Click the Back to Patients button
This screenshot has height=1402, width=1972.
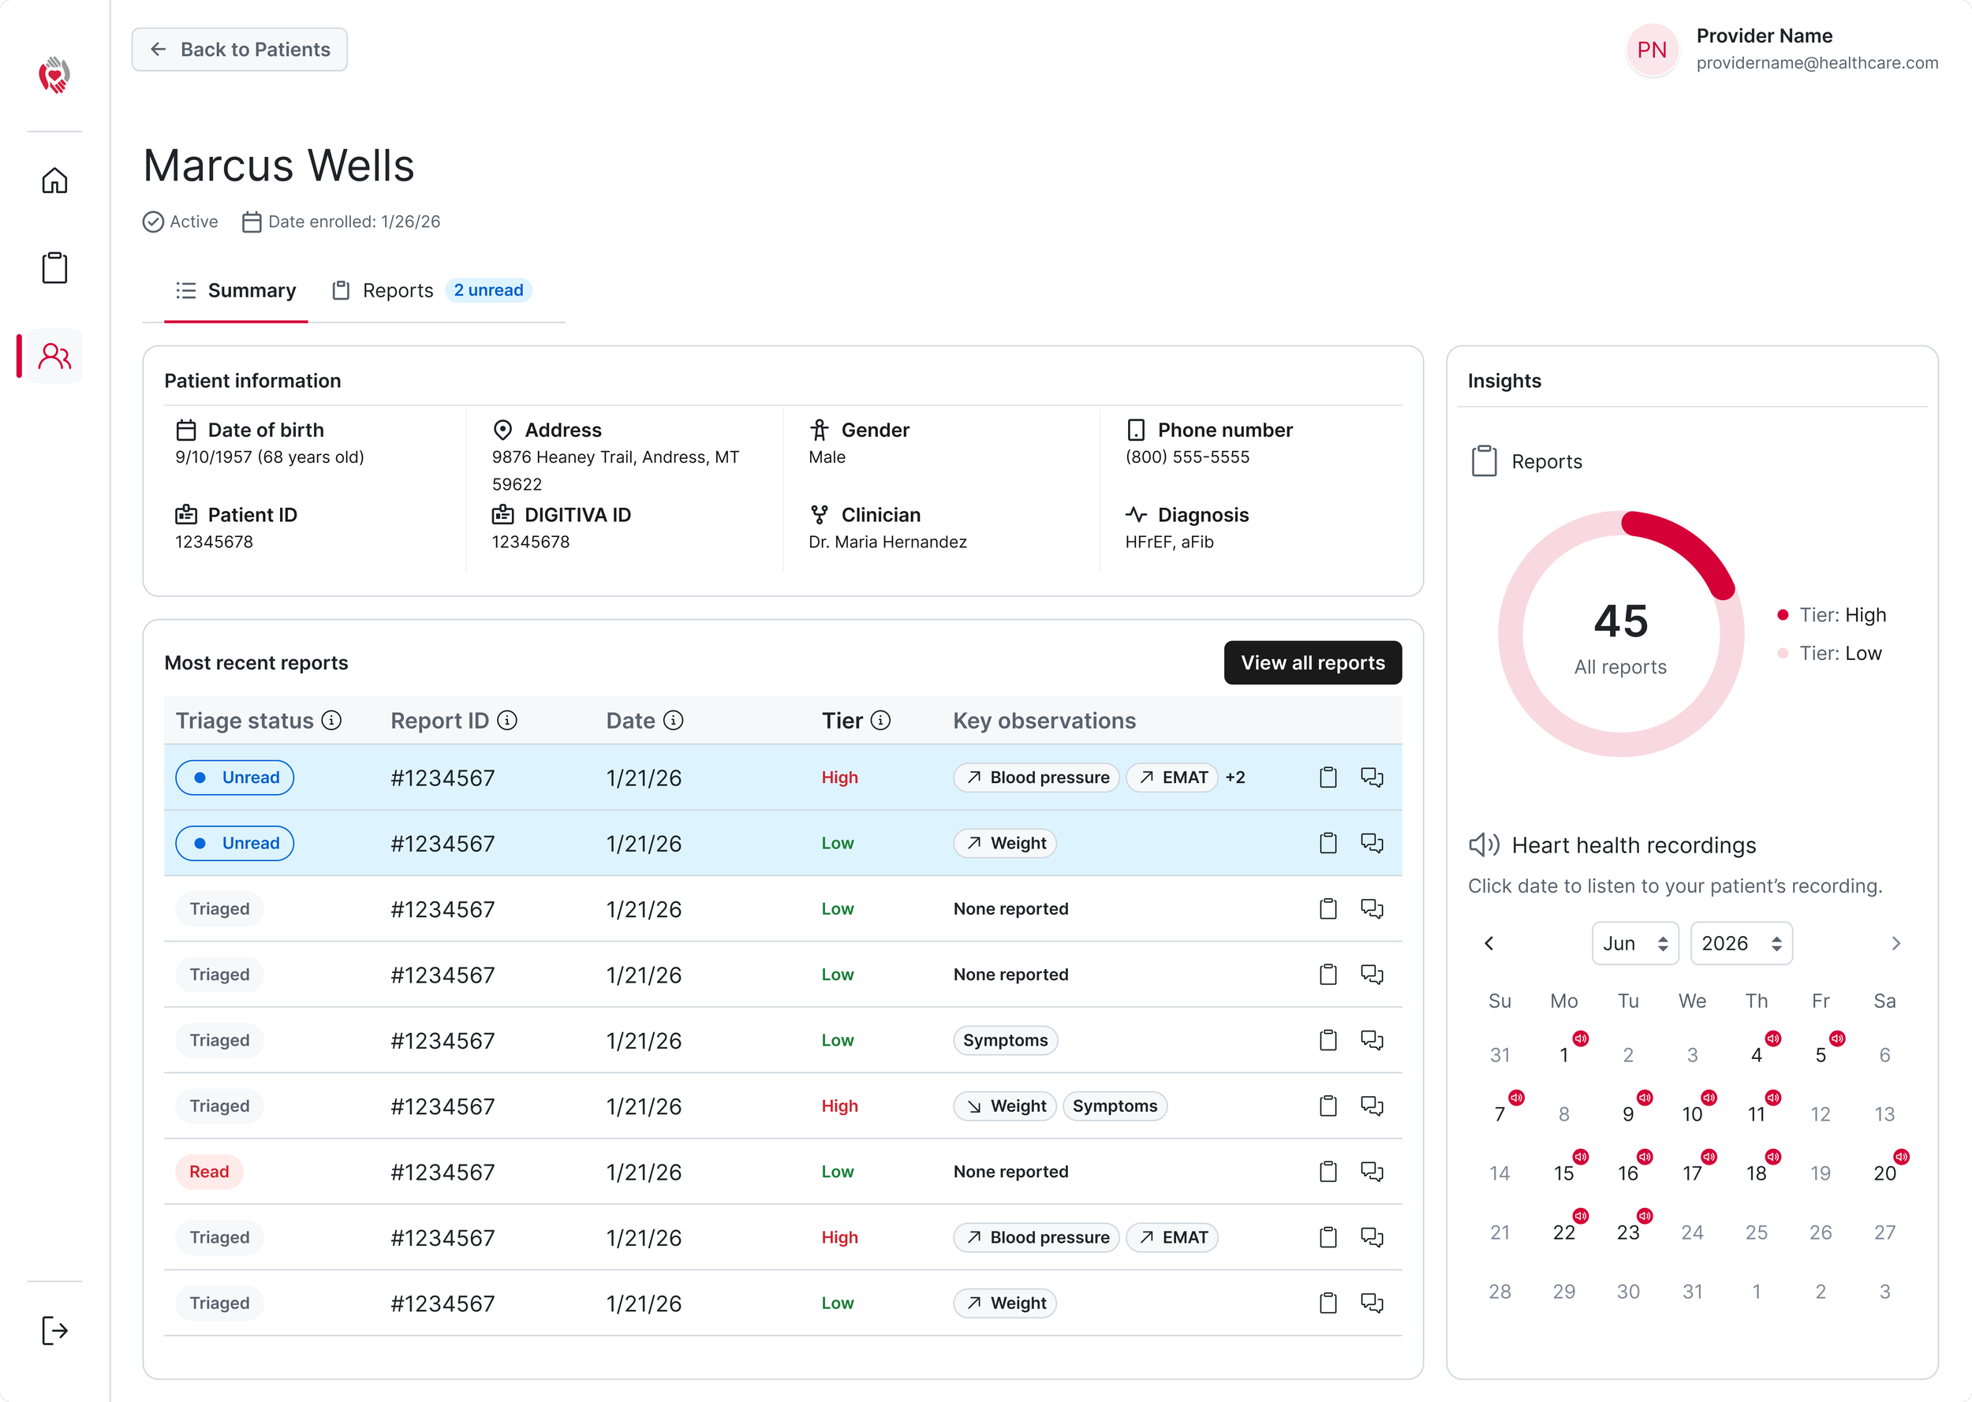239,49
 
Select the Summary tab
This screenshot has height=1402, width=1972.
236,290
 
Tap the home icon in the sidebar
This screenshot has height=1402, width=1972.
54,181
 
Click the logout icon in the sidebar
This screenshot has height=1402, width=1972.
54,1330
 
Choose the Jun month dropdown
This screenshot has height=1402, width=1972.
1634,944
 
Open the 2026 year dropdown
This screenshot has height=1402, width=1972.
1741,944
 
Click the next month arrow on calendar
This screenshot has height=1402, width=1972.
1895,944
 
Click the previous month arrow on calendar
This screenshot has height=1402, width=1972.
1488,944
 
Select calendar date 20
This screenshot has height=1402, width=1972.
1884,1173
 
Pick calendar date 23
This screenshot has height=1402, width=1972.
1628,1232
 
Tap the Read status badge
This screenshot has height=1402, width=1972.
210,1172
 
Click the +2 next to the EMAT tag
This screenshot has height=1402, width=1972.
1235,777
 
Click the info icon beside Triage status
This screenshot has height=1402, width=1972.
331,720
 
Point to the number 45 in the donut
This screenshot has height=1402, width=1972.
1621,621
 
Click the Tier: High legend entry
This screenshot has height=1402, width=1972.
1832,615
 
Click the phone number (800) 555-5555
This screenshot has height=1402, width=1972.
1187,457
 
